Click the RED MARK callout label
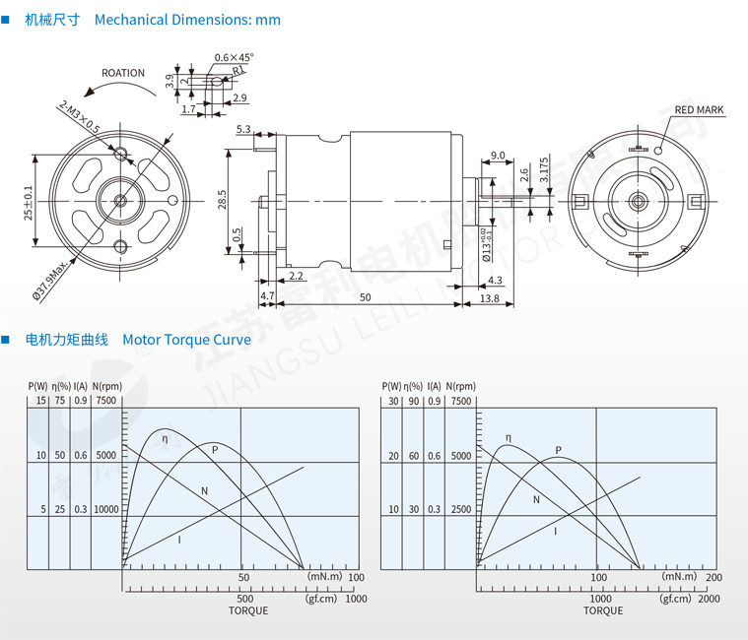(699, 110)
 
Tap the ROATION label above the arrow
(123, 73)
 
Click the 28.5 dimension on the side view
(223, 198)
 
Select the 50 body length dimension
(365, 297)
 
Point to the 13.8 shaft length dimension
(488, 297)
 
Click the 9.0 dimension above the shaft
(498, 156)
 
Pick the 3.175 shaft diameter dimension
(545, 169)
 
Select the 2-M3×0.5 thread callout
(79, 115)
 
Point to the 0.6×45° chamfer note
(234, 57)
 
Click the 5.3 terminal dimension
(243, 130)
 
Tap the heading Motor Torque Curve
(186, 340)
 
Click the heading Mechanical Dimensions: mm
(187, 20)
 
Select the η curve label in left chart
(165, 438)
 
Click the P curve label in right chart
(558, 451)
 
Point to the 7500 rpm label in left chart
(106, 401)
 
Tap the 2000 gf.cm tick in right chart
(709, 599)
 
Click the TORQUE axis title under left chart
(248, 610)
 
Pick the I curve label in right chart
(556, 531)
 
